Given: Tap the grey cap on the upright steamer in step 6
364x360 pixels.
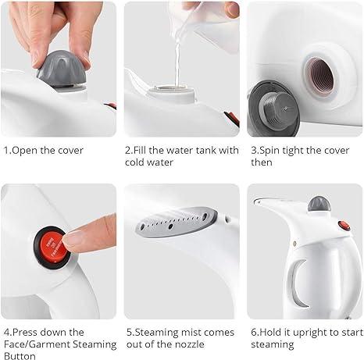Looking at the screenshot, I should point(317,205).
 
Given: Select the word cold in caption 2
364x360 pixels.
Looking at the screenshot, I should point(139,163).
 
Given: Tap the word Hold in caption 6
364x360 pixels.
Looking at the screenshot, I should point(271,332).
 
